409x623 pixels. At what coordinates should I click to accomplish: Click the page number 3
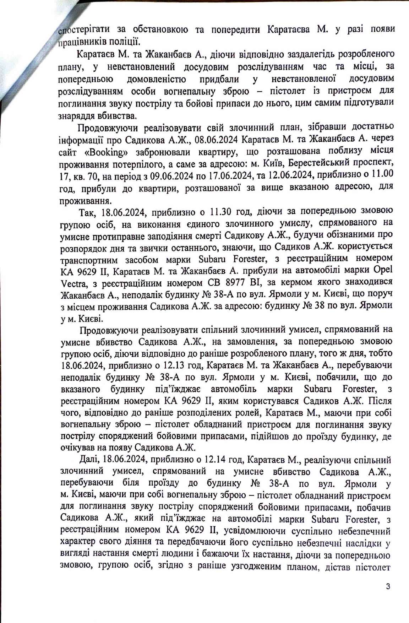pyautogui.click(x=388, y=586)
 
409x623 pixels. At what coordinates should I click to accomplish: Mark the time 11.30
pyautogui.click(x=221, y=212)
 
